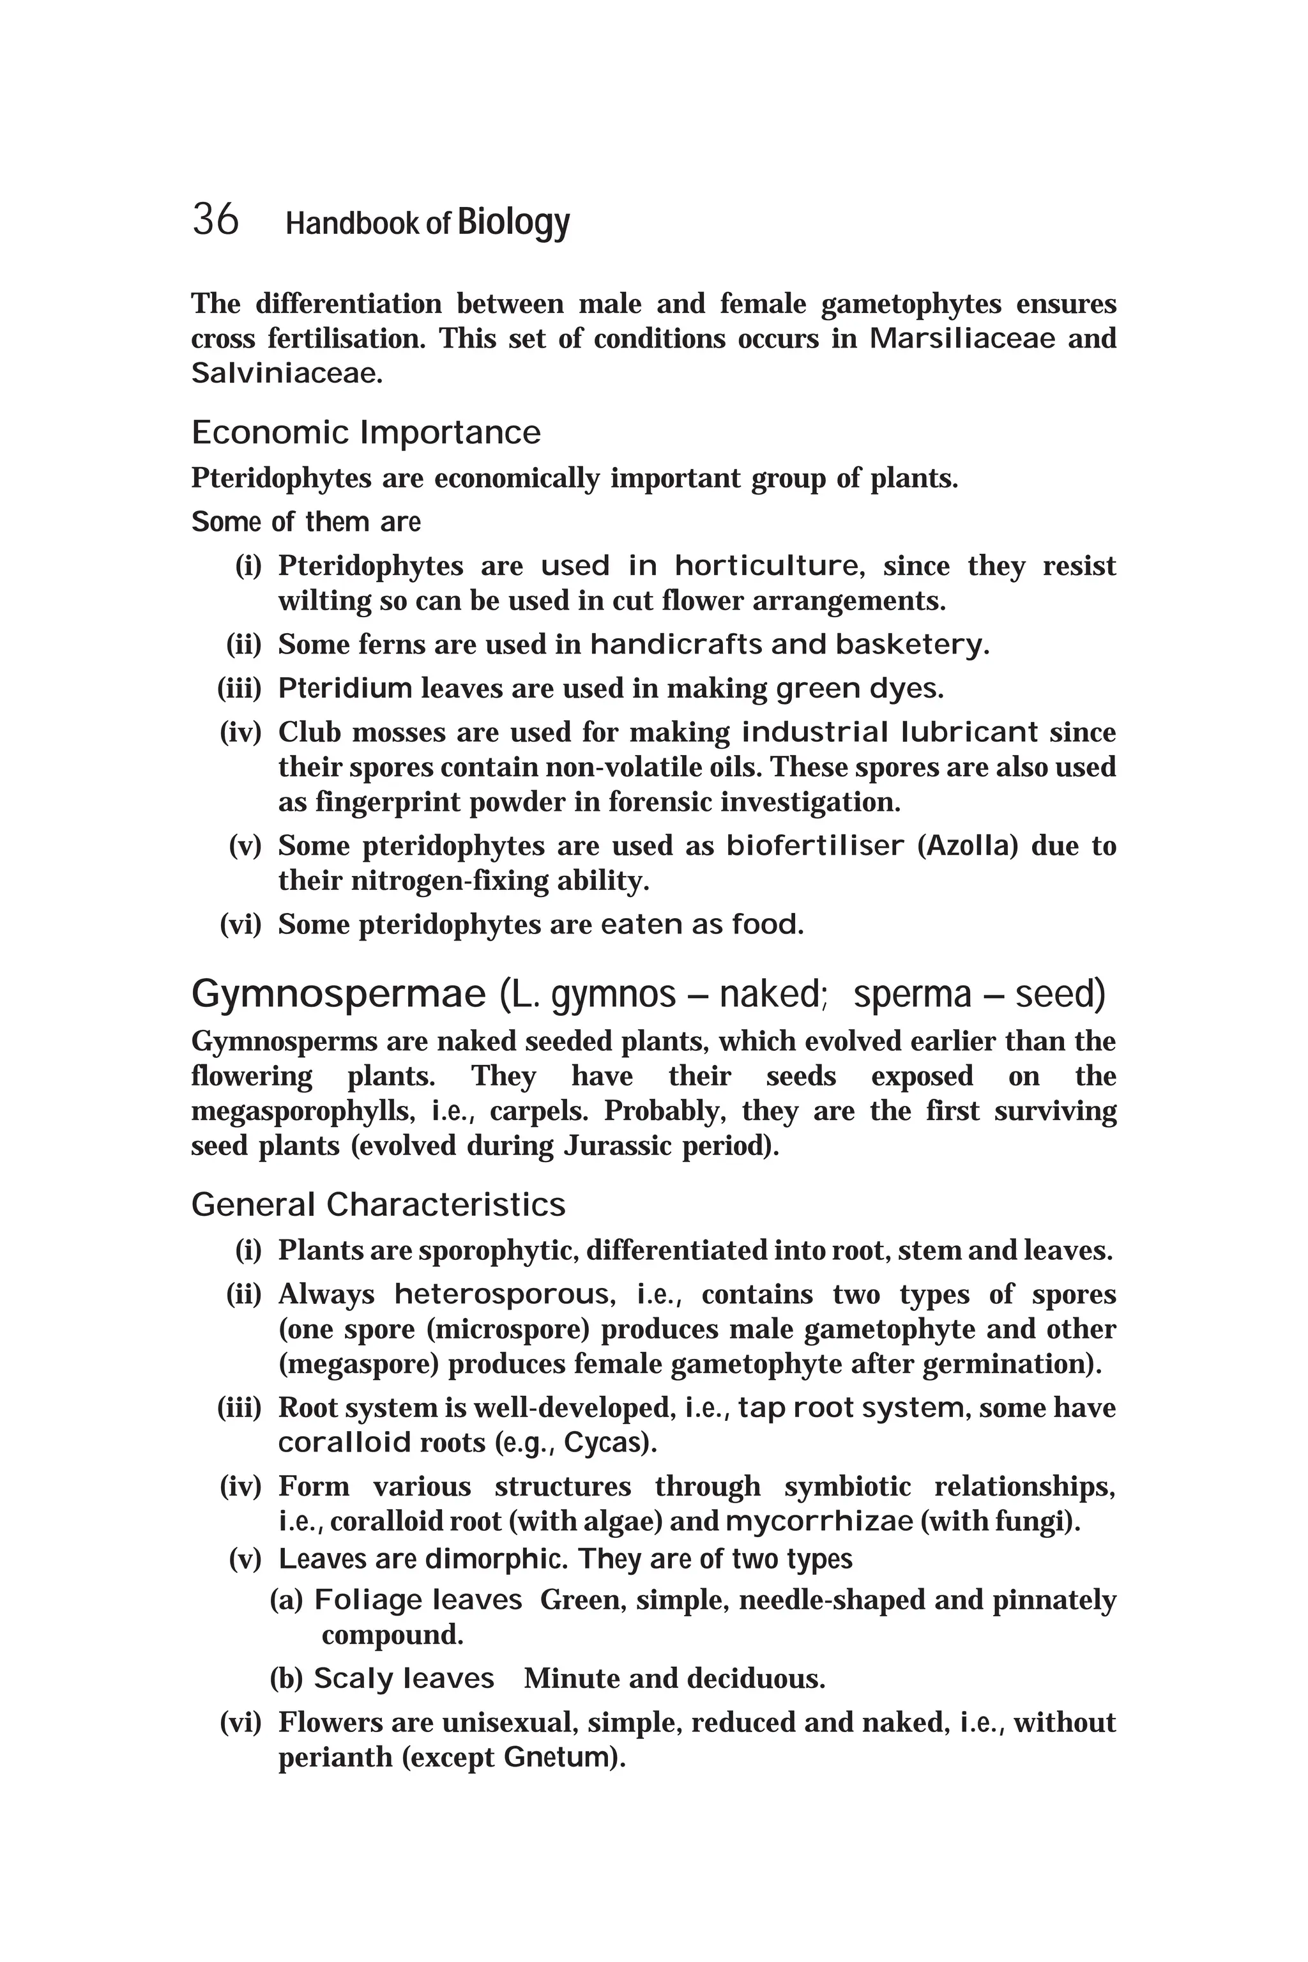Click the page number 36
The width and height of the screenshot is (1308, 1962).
(215, 220)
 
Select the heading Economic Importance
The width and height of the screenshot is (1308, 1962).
(365, 433)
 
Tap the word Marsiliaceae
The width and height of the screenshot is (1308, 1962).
(962, 338)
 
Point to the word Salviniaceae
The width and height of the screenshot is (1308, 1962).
(285, 373)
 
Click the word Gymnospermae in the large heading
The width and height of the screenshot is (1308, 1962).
(338, 994)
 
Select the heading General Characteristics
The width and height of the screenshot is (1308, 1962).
(378, 1204)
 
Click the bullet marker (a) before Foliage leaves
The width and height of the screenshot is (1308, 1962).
(286, 1600)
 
